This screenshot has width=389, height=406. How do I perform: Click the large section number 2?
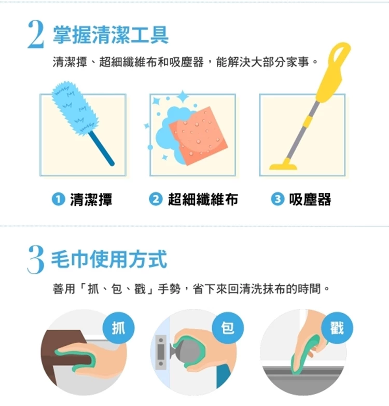pyautogui.click(x=36, y=35)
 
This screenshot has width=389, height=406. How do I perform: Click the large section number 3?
pyautogui.click(x=36, y=259)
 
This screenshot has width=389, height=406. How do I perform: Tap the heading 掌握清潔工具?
pyautogui.click(x=111, y=35)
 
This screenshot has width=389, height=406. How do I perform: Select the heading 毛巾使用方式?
pyautogui.click(x=109, y=259)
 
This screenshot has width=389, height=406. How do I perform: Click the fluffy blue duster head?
pyautogui.click(x=74, y=108)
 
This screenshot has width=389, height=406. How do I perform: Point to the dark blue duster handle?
pyautogui.click(x=101, y=148)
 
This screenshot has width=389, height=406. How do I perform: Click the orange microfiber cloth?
pyautogui.click(x=199, y=136)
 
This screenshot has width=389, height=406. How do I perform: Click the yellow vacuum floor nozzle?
pyautogui.click(x=283, y=165)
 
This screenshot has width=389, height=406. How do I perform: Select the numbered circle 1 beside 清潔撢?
pyautogui.click(x=59, y=200)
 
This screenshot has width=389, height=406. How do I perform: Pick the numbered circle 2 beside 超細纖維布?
pyautogui.click(x=156, y=200)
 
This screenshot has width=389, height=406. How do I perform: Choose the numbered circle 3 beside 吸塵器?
pyautogui.click(x=277, y=200)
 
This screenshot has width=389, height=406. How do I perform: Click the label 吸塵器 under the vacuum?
pyautogui.click(x=310, y=200)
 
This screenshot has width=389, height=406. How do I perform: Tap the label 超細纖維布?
pyautogui.click(x=203, y=200)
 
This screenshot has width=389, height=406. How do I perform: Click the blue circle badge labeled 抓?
pyautogui.click(x=119, y=328)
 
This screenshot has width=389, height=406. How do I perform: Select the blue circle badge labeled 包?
pyautogui.click(x=228, y=328)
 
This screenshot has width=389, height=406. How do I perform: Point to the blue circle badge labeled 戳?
pyautogui.click(x=337, y=328)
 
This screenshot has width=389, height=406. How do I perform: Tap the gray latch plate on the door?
pyautogui.click(x=161, y=352)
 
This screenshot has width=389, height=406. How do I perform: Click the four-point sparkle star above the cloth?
pyautogui.click(x=183, y=97)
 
